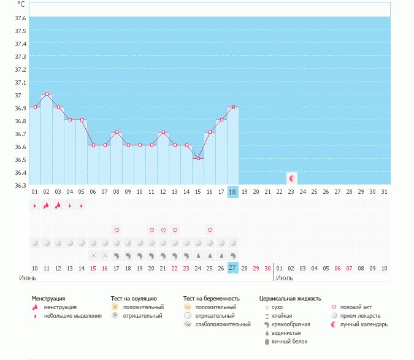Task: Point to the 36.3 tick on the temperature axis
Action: point(20,185)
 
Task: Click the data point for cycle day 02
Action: point(47,94)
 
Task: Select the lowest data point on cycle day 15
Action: point(198,159)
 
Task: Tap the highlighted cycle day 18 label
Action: point(232,192)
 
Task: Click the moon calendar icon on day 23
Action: point(292,178)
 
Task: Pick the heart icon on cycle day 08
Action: point(117,230)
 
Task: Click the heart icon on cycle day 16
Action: point(210,230)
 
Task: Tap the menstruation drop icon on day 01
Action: point(35,205)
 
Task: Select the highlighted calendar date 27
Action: point(232,268)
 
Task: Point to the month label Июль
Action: point(284,278)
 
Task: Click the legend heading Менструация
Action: point(48,299)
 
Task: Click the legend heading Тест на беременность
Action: point(211,299)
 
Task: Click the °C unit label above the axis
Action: point(21,4)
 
